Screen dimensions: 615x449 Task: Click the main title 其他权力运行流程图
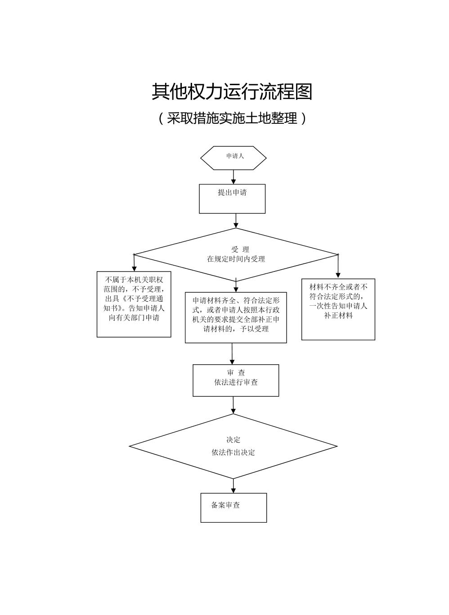pyautogui.click(x=232, y=92)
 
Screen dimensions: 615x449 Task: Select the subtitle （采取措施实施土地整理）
pyautogui.click(x=232, y=118)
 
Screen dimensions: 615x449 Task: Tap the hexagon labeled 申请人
pyautogui.click(x=233, y=158)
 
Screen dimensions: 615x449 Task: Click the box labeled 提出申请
pyautogui.click(x=232, y=199)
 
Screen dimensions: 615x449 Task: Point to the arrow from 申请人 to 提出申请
pyautogui.click(x=233, y=176)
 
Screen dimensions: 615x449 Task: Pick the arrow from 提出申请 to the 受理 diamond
pyautogui.click(x=236, y=221)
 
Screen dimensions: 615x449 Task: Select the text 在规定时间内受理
pyautogui.click(x=236, y=259)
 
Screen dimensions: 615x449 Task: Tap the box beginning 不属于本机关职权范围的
pyautogui.click(x=134, y=304)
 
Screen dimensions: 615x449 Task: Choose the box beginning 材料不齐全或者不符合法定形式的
pyautogui.click(x=338, y=309)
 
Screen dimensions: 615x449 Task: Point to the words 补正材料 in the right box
pyautogui.click(x=338, y=316)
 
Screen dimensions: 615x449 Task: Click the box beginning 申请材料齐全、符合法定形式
pyautogui.click(x=236, y=317)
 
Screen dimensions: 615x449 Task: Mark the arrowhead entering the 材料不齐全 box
pyautogui.click(x=338, y=275)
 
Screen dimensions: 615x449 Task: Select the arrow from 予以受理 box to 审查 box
pyautogui.click(x=232, y=354)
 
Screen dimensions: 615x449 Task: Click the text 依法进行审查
pyautogui.click(x=236, y=382)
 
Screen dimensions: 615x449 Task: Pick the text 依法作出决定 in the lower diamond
pyautogui.click(x=233, y=452)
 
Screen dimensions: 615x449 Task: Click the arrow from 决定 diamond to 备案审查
pyautogui.click(x=233, y=486)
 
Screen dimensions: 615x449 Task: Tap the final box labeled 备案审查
pyautogui.click(x=233, y=507)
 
